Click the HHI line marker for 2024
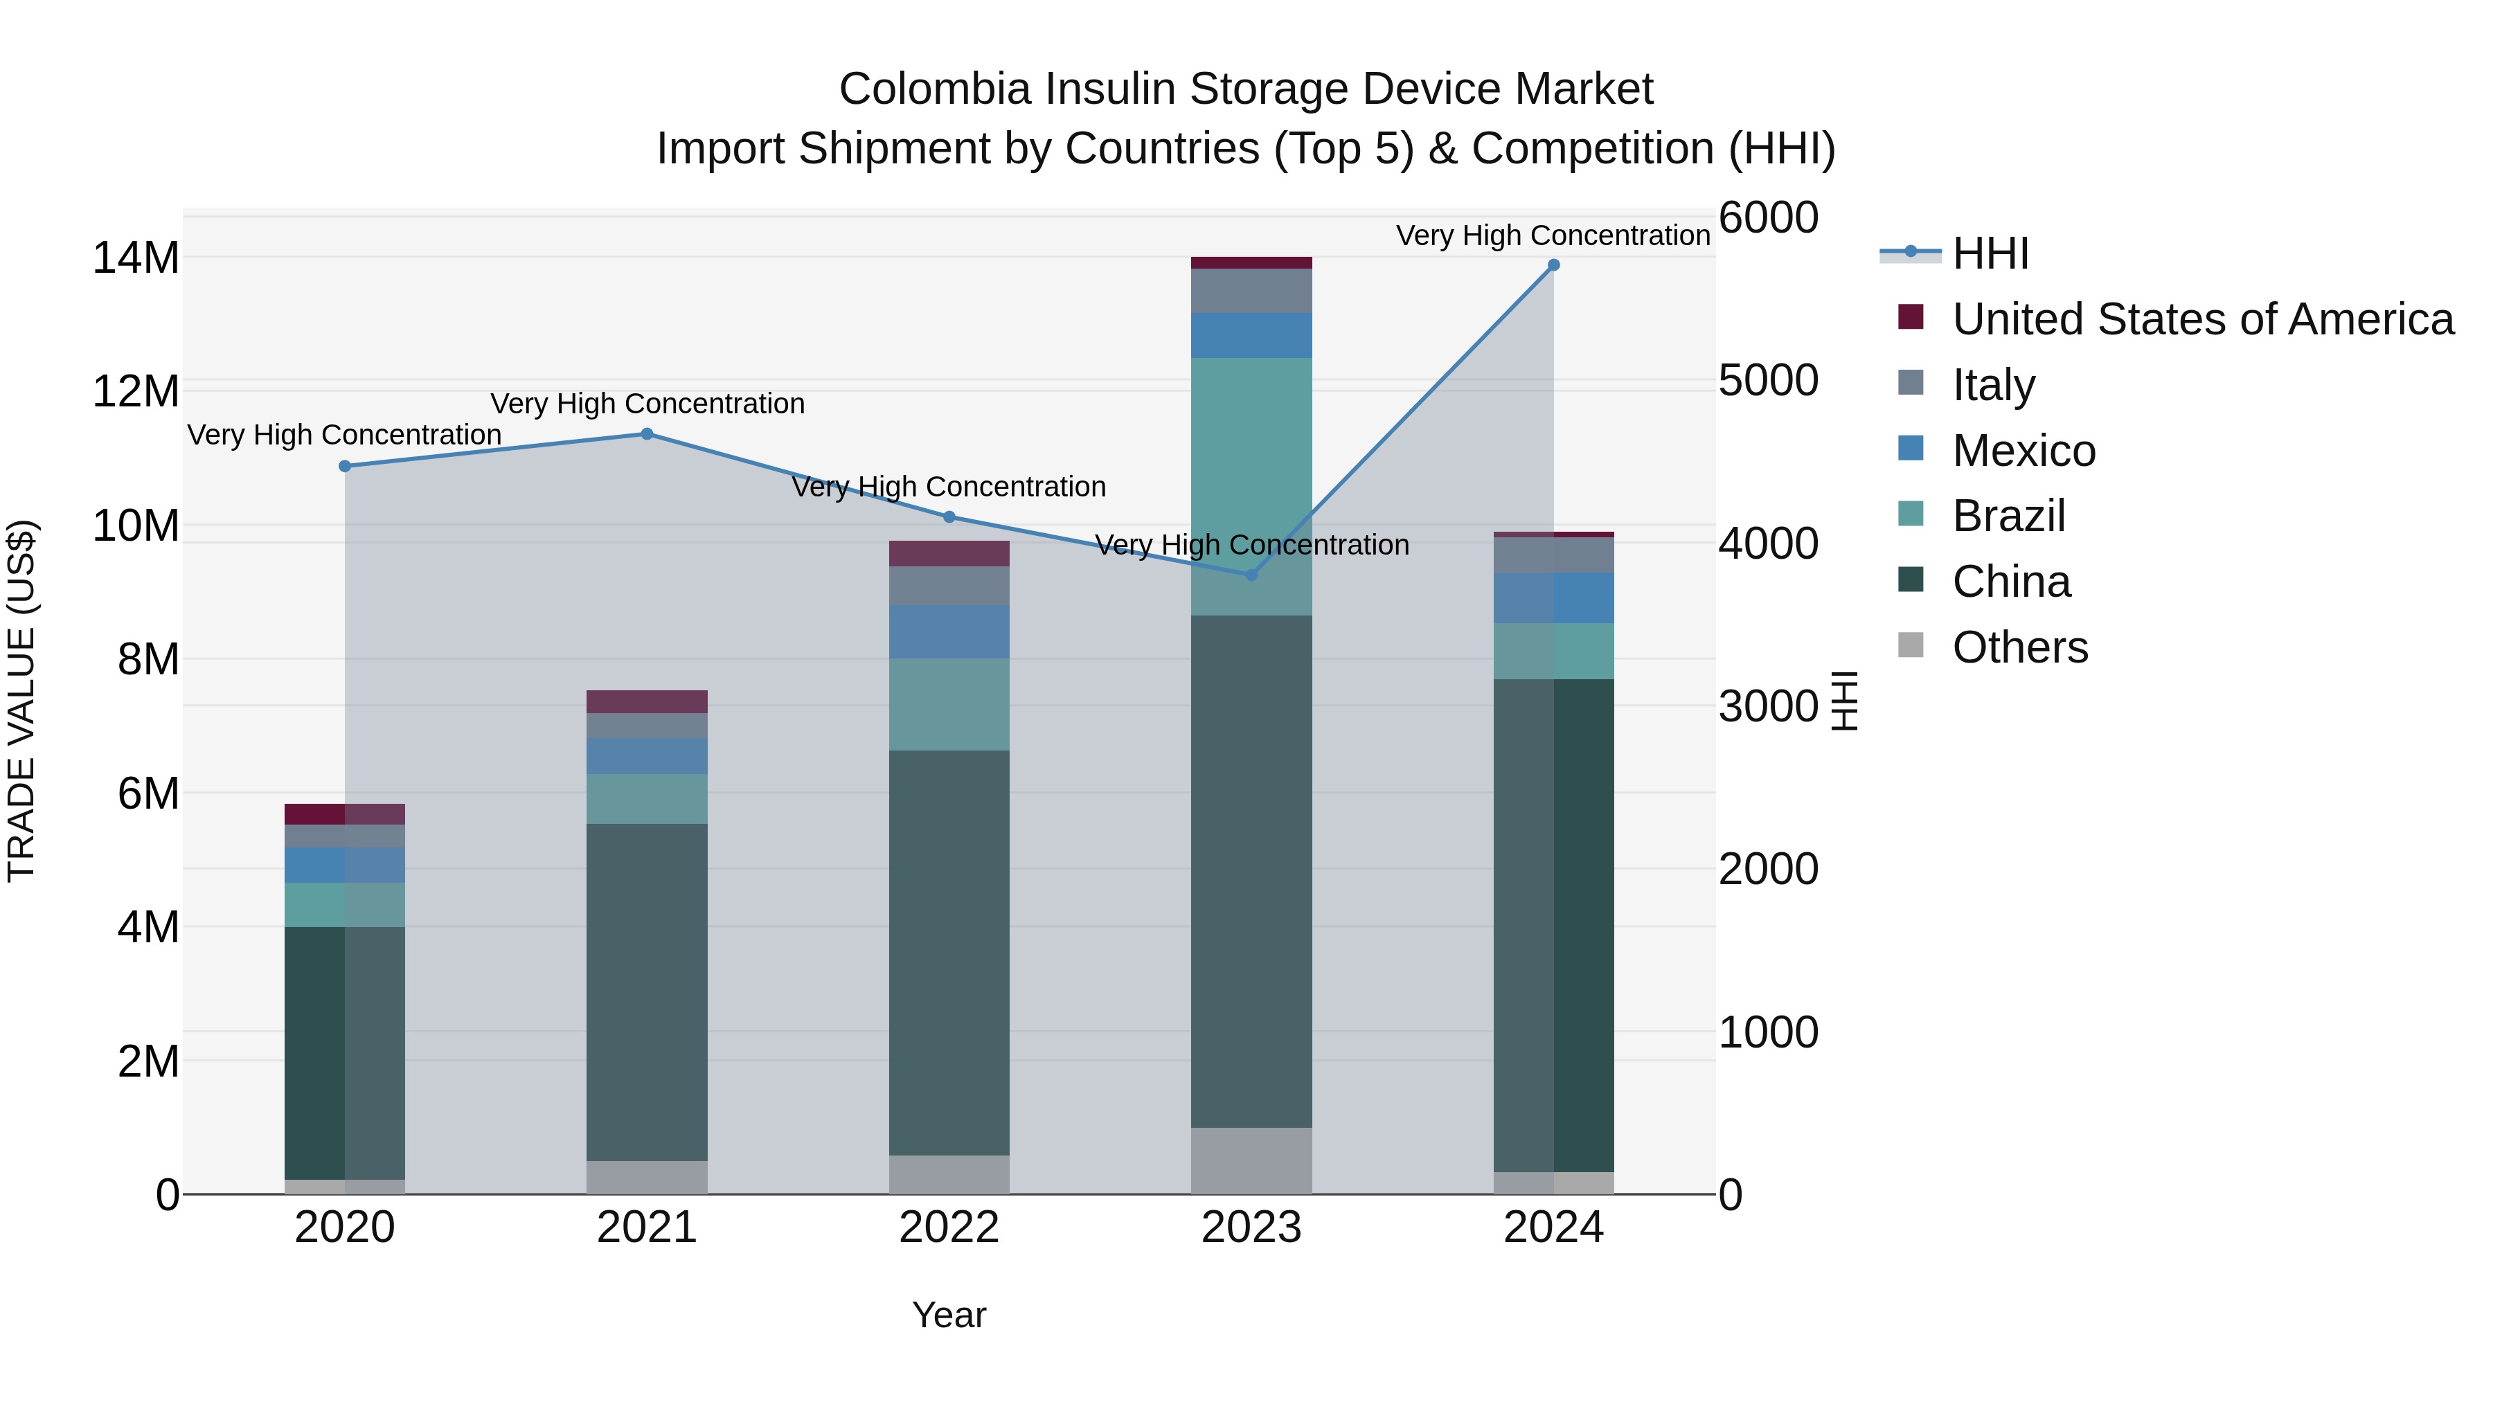pyautogui.click(x=1553, y=265)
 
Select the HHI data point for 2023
pyautogui.click(x=1251, y=575)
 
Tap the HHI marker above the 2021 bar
pyautogui.click(x=647, y=434)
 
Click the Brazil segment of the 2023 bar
pyautogui.click(x=1251, y=487)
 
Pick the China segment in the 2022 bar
pyautogui.click(x=949, y=953)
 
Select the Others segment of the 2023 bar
pyautogui.click(x=1251, y=1160)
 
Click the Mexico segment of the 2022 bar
pyautogui.click(x=949, y=632)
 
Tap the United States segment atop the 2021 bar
pyautogui.click(x=647, y=701)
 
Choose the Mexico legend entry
pyautogui.click(x=2023, y=451)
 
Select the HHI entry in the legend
pyautogui.click(x=1990, y=253)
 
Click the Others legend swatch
pyautogui.click(x=1911, y=645)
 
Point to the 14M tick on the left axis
pyautogui.click(x=136, y=258)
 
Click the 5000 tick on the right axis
pyautogui.click(x=1767, y=381)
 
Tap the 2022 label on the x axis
pyautogui.click(x=949, y=1228)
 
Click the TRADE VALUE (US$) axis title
pyautogui.click(x=22, y=701)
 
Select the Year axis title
pyautogui.click(x=949, y=1315)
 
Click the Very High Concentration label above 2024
pyautogui.click(x=1553, y=235)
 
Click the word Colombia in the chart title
pyautogui.click(x=934, y=89)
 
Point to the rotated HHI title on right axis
pyautogui.click(x=1845, y=701)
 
